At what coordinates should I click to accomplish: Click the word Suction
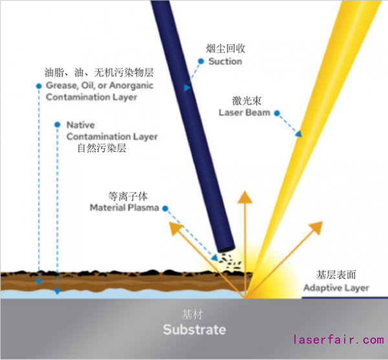tap(225, 62)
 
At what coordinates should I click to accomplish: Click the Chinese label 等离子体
tap(127, 195)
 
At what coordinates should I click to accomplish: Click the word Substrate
tap(194, 330)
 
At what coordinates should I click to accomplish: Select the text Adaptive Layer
tap(336, 288)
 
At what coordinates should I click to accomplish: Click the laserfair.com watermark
tap(338, 339)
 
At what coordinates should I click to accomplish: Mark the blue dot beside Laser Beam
tap(277, 114)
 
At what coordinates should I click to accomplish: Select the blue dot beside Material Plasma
tap(166, 208)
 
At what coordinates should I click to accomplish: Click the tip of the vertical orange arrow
tap(245, 193)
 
